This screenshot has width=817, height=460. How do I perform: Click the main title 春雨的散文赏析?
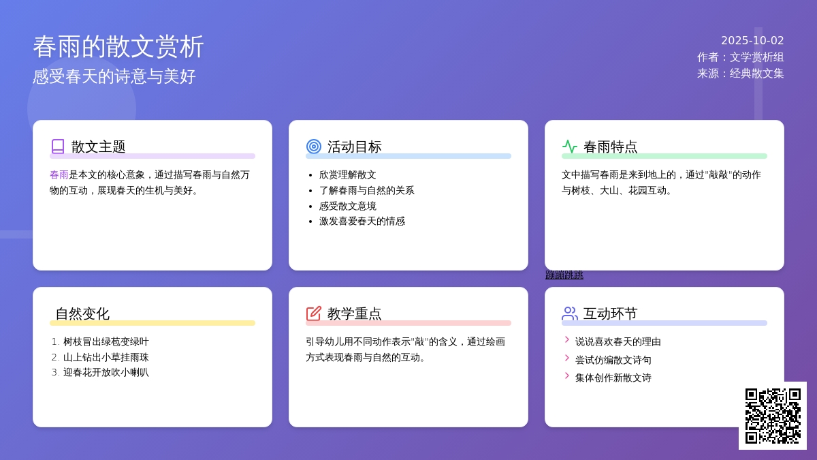118,47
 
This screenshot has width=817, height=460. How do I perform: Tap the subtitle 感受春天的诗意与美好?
114,76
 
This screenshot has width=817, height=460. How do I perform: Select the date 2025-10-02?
752,40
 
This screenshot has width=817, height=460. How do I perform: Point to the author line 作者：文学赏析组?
741,57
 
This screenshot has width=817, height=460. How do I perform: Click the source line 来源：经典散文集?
741,74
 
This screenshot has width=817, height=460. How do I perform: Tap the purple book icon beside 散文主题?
58,147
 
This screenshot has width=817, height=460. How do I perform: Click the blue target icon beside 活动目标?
314,147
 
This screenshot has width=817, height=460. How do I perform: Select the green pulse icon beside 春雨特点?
570,147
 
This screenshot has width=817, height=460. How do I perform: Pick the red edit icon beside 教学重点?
314,313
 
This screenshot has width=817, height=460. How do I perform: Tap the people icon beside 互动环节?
570,313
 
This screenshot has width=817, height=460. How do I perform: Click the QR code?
773,416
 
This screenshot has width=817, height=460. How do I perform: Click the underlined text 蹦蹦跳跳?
564,275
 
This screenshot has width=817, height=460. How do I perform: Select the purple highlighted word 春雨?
59,175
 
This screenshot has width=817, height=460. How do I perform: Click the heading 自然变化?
82,313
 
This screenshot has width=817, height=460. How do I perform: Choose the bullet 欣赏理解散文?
348,175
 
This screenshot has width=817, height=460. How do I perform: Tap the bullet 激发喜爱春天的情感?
362,221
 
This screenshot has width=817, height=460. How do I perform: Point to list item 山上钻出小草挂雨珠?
106,357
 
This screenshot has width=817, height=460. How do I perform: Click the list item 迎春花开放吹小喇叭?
106,372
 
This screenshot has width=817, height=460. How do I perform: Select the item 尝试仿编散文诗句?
613,360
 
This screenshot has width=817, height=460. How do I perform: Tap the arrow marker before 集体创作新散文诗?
566,375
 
